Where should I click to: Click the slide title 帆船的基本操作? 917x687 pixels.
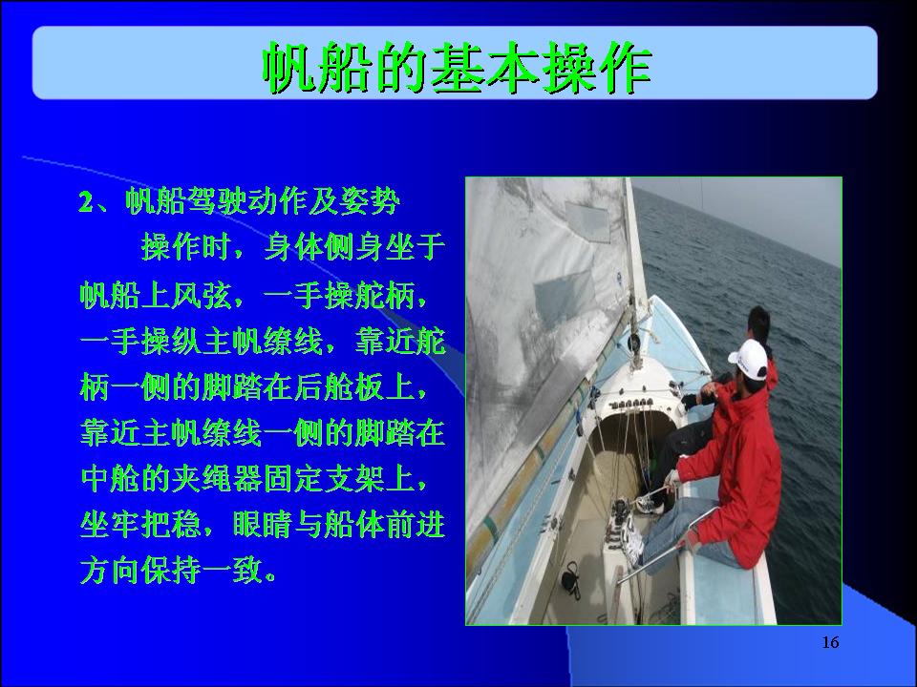tap(457, 67)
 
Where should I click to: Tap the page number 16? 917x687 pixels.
tap(830, 642)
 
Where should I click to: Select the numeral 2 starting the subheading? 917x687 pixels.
tap(86, 202)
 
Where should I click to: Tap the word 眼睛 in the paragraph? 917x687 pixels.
tap(263, 525)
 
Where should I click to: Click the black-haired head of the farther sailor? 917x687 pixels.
tap(759, 324)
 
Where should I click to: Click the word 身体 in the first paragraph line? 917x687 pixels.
tap(293, 248)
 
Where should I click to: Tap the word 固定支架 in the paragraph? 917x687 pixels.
tap(324, 479)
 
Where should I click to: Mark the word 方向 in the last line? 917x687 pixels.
tap(111, 571)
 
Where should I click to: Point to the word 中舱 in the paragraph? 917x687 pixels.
tap(111, 479)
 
